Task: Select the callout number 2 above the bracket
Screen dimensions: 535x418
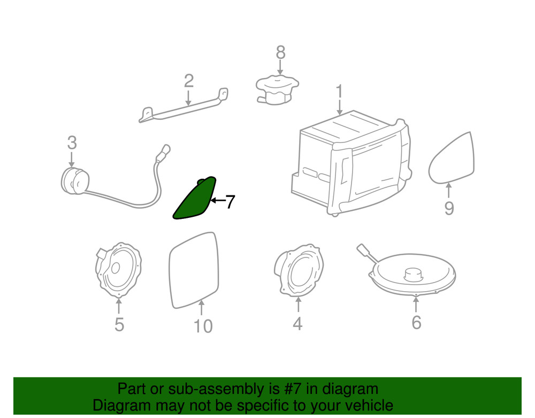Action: click(189, 81)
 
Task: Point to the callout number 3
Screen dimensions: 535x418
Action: click(72, 142)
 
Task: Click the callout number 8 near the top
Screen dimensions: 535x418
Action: click(280, 52)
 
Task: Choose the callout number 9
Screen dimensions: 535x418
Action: click(449, 208)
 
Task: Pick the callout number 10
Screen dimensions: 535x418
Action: click(203, 326)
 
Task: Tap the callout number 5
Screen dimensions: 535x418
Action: click(119, 324)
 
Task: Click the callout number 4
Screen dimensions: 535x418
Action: click(297, 323)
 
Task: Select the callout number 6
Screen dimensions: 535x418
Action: click(416, 322)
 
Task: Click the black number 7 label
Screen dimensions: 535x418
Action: click(230, 201)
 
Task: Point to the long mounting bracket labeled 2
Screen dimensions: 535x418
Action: click(184, 105)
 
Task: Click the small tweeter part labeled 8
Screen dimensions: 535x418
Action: click(277, 90)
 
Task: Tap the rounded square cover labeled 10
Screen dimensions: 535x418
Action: click(194, 270)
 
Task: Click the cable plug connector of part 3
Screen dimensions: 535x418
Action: click(163, 153)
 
